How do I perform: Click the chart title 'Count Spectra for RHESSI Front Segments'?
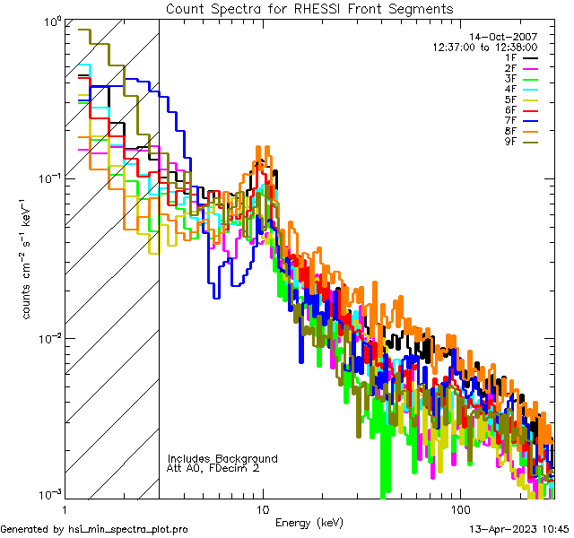pyautogui.click(x=309, y=8)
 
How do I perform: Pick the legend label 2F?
pyautogui.click(x=509, y=68)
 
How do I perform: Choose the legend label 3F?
pyautogui.click(x=509, y=78)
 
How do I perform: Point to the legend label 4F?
pyautogui.click(x=509, y=89)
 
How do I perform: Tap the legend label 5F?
pyautogui.click(x=509, y=99)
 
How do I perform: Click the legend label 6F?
pyautogui.click(x=509, y=109)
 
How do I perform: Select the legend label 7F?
pyautogui.click(x=509, y=119)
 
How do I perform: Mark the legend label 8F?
pyautogui.click(x=509, y=130)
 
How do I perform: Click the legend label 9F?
pyautogui.click(x=509, y=140)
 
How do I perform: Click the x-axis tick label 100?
pyautogui.click(x=460, y=508)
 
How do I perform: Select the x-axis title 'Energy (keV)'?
pyautogui.click(x=309, y=522)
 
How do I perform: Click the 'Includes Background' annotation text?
pyautogui.click(x=222, y=458)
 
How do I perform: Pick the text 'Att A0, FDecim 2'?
pyautogui.click(x=213, y=468)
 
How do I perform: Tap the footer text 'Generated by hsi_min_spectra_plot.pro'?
pyautogui.click(x=94, y=529)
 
